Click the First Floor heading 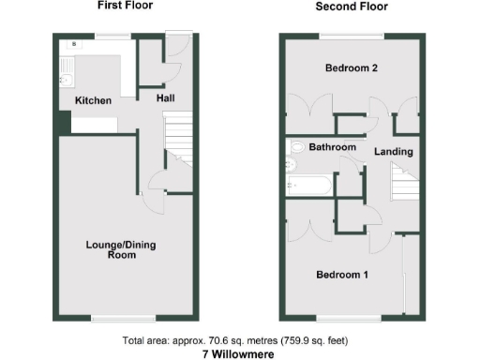point(125,6)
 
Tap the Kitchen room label point(93,100)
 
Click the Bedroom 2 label point(350,68)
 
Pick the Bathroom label point(333,148)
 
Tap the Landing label point(393,151)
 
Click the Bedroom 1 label point(341,276)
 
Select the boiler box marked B point(73,44)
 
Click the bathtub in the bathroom point(307,184)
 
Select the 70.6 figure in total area point(210,339)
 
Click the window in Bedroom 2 point(350,37)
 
